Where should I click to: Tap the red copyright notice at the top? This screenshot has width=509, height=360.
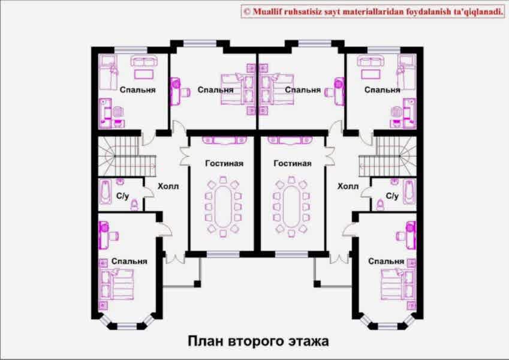pyautogui.click(x=373, y=11)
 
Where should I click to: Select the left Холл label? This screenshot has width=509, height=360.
pyautogui.click(x=168, y=187)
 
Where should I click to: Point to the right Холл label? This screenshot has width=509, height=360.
pyautogui.click(x=348, y=187)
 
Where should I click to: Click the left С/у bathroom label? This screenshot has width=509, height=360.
pyautogui.click(x=123, y=196)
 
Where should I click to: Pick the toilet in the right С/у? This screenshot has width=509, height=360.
pyautogui.click(x=380, y=205)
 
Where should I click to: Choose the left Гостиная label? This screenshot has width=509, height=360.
pyautogui.click(x=224, y=163)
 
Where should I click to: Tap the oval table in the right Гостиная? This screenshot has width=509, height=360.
pyautogui.click(x=291, y=206)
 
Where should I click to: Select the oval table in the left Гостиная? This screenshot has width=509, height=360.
pyautogui.click(x=223, y=206)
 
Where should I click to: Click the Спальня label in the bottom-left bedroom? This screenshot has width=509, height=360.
pyautogui.click(x=129, y=261)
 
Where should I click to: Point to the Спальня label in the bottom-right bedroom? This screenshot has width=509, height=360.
pyautogui.click(x=386, y=261)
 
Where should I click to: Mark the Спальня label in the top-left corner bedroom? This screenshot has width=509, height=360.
pyautogui.click(x=138, y=90)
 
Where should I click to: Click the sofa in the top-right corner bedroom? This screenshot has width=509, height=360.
pyautogui.click(x=371, y=61)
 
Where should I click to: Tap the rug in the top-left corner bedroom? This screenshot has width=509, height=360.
pyautogui.click(x=144, y=74)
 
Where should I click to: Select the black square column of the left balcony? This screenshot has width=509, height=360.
pyautogui.click(x=197, y=284)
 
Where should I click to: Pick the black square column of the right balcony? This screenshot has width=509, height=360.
pyautogui.click(x=317, y=284)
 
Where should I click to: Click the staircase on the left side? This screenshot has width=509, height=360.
pyautogui.click(x=127, y=156)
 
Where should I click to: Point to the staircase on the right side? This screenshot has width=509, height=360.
pyautogui.click(x=388, y=156)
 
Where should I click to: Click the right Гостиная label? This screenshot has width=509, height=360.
pyautogui.click(x=293, y=163)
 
